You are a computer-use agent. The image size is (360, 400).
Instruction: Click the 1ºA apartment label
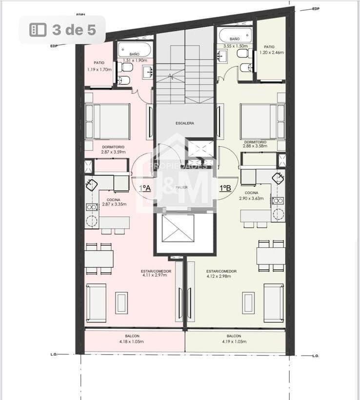click(x=145, y=188)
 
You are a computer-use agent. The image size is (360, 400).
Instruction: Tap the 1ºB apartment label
click(x=225, y=188)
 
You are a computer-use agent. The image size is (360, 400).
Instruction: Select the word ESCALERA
click(x=185, y=123)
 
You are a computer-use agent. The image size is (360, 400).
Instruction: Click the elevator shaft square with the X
click(x=178, y=229)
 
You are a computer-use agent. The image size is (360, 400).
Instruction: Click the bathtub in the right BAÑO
click(x=235, y=35)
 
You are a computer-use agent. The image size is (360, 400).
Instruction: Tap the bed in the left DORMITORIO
click(x=108, y=121)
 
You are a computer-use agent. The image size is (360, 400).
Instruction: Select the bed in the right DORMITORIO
click(x=262, y=121)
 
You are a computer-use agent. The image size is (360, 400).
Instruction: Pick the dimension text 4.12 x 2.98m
click(x=219, y=276)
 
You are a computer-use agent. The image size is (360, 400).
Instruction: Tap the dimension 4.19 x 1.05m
click(x=234, y=341)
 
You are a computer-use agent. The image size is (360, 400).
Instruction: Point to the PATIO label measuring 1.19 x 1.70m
click(x=99, y=63)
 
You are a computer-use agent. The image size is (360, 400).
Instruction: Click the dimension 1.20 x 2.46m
click(x=272, y=52)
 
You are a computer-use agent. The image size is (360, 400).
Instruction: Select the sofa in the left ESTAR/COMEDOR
click(x=96, y=302)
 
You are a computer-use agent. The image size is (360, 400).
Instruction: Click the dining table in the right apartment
click(x=271, y=256)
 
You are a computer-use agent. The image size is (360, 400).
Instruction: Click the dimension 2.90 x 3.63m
click(x=251, y=199)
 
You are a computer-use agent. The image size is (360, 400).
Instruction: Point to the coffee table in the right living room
click(x=248, y=302)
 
